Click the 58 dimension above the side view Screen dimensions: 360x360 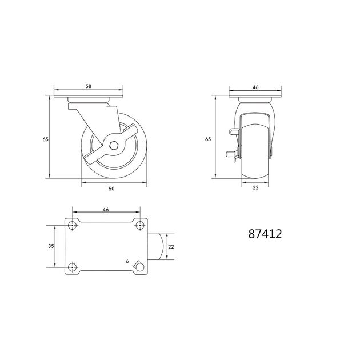[89, 86]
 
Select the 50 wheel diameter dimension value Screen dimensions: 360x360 [111, 189]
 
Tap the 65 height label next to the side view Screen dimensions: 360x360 [46, 139]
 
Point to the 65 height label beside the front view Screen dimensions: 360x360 [208, 139]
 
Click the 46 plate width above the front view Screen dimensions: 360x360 [255, 87]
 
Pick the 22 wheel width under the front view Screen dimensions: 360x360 [255, 187]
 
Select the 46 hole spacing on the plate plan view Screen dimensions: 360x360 [106, 210]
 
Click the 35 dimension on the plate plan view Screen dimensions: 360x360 [51, 246]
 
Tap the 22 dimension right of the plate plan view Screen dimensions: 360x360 [171, 247]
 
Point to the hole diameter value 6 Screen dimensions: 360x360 [127, 261]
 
